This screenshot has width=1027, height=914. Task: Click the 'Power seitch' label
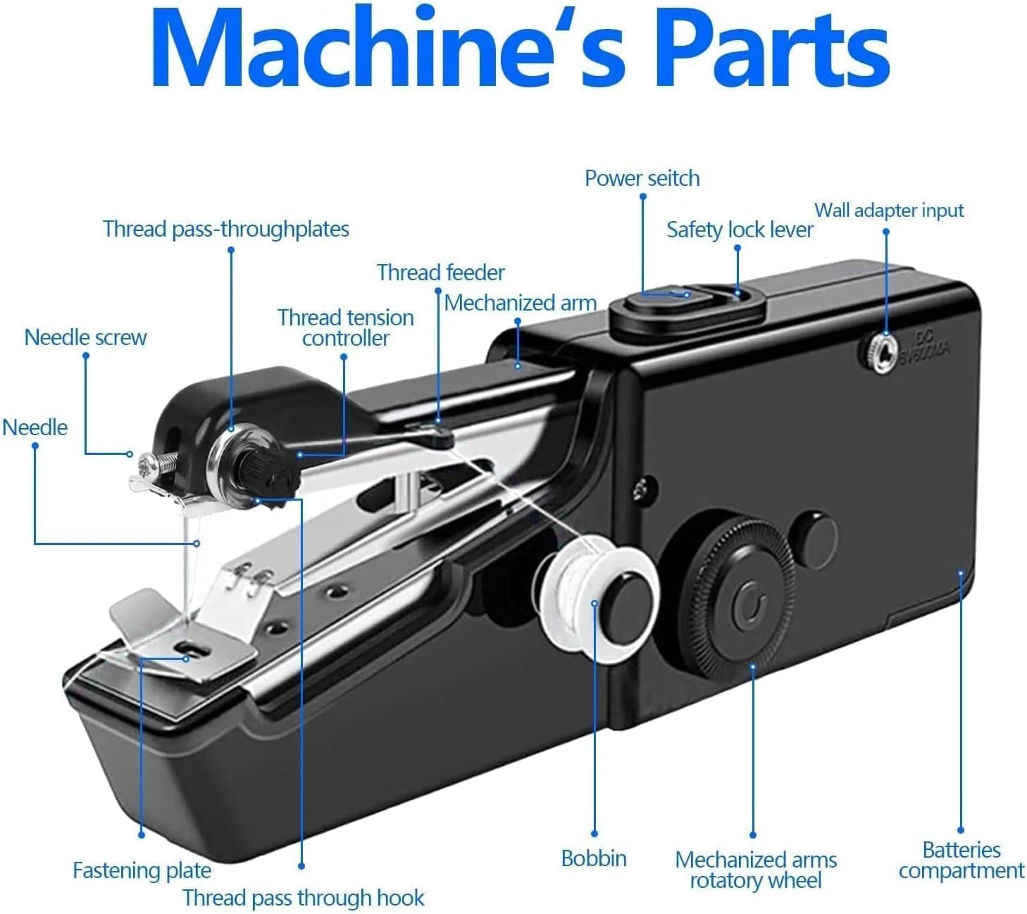pyautogui.click(x=642, y=178)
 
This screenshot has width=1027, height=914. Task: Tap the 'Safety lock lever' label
pyautogui.click(x=739, y=230)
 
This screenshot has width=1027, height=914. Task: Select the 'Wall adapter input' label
pyautogui.click(x=889, y=210)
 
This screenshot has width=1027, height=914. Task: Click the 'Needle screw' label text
pyautogui.click(x=85, y=337)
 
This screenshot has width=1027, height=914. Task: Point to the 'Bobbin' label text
pyautogui.click(x=594, y=858)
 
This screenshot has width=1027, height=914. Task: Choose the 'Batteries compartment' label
pyautogui.click(x=961, y=860)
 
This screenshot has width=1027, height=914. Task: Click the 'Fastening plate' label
pyautogui.click(x=142, y=870)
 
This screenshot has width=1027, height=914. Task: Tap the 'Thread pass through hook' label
pyautogui.click(x=304, y=898)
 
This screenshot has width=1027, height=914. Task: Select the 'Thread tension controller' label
pyautogui.click(x=345, y=327)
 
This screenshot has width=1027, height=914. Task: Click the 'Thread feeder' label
pyautogui.click(x=440, y=273)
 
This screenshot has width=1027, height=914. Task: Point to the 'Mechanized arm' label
pyautogui.click(x=521, y=303)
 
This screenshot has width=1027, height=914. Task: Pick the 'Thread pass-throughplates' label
pyautogui.click(x=225, y=229)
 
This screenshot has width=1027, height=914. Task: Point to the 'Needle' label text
pyautogui.click(x=35, y=427)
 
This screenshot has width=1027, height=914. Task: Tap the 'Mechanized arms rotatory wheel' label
pyautogui.click(x=755, y=870)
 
